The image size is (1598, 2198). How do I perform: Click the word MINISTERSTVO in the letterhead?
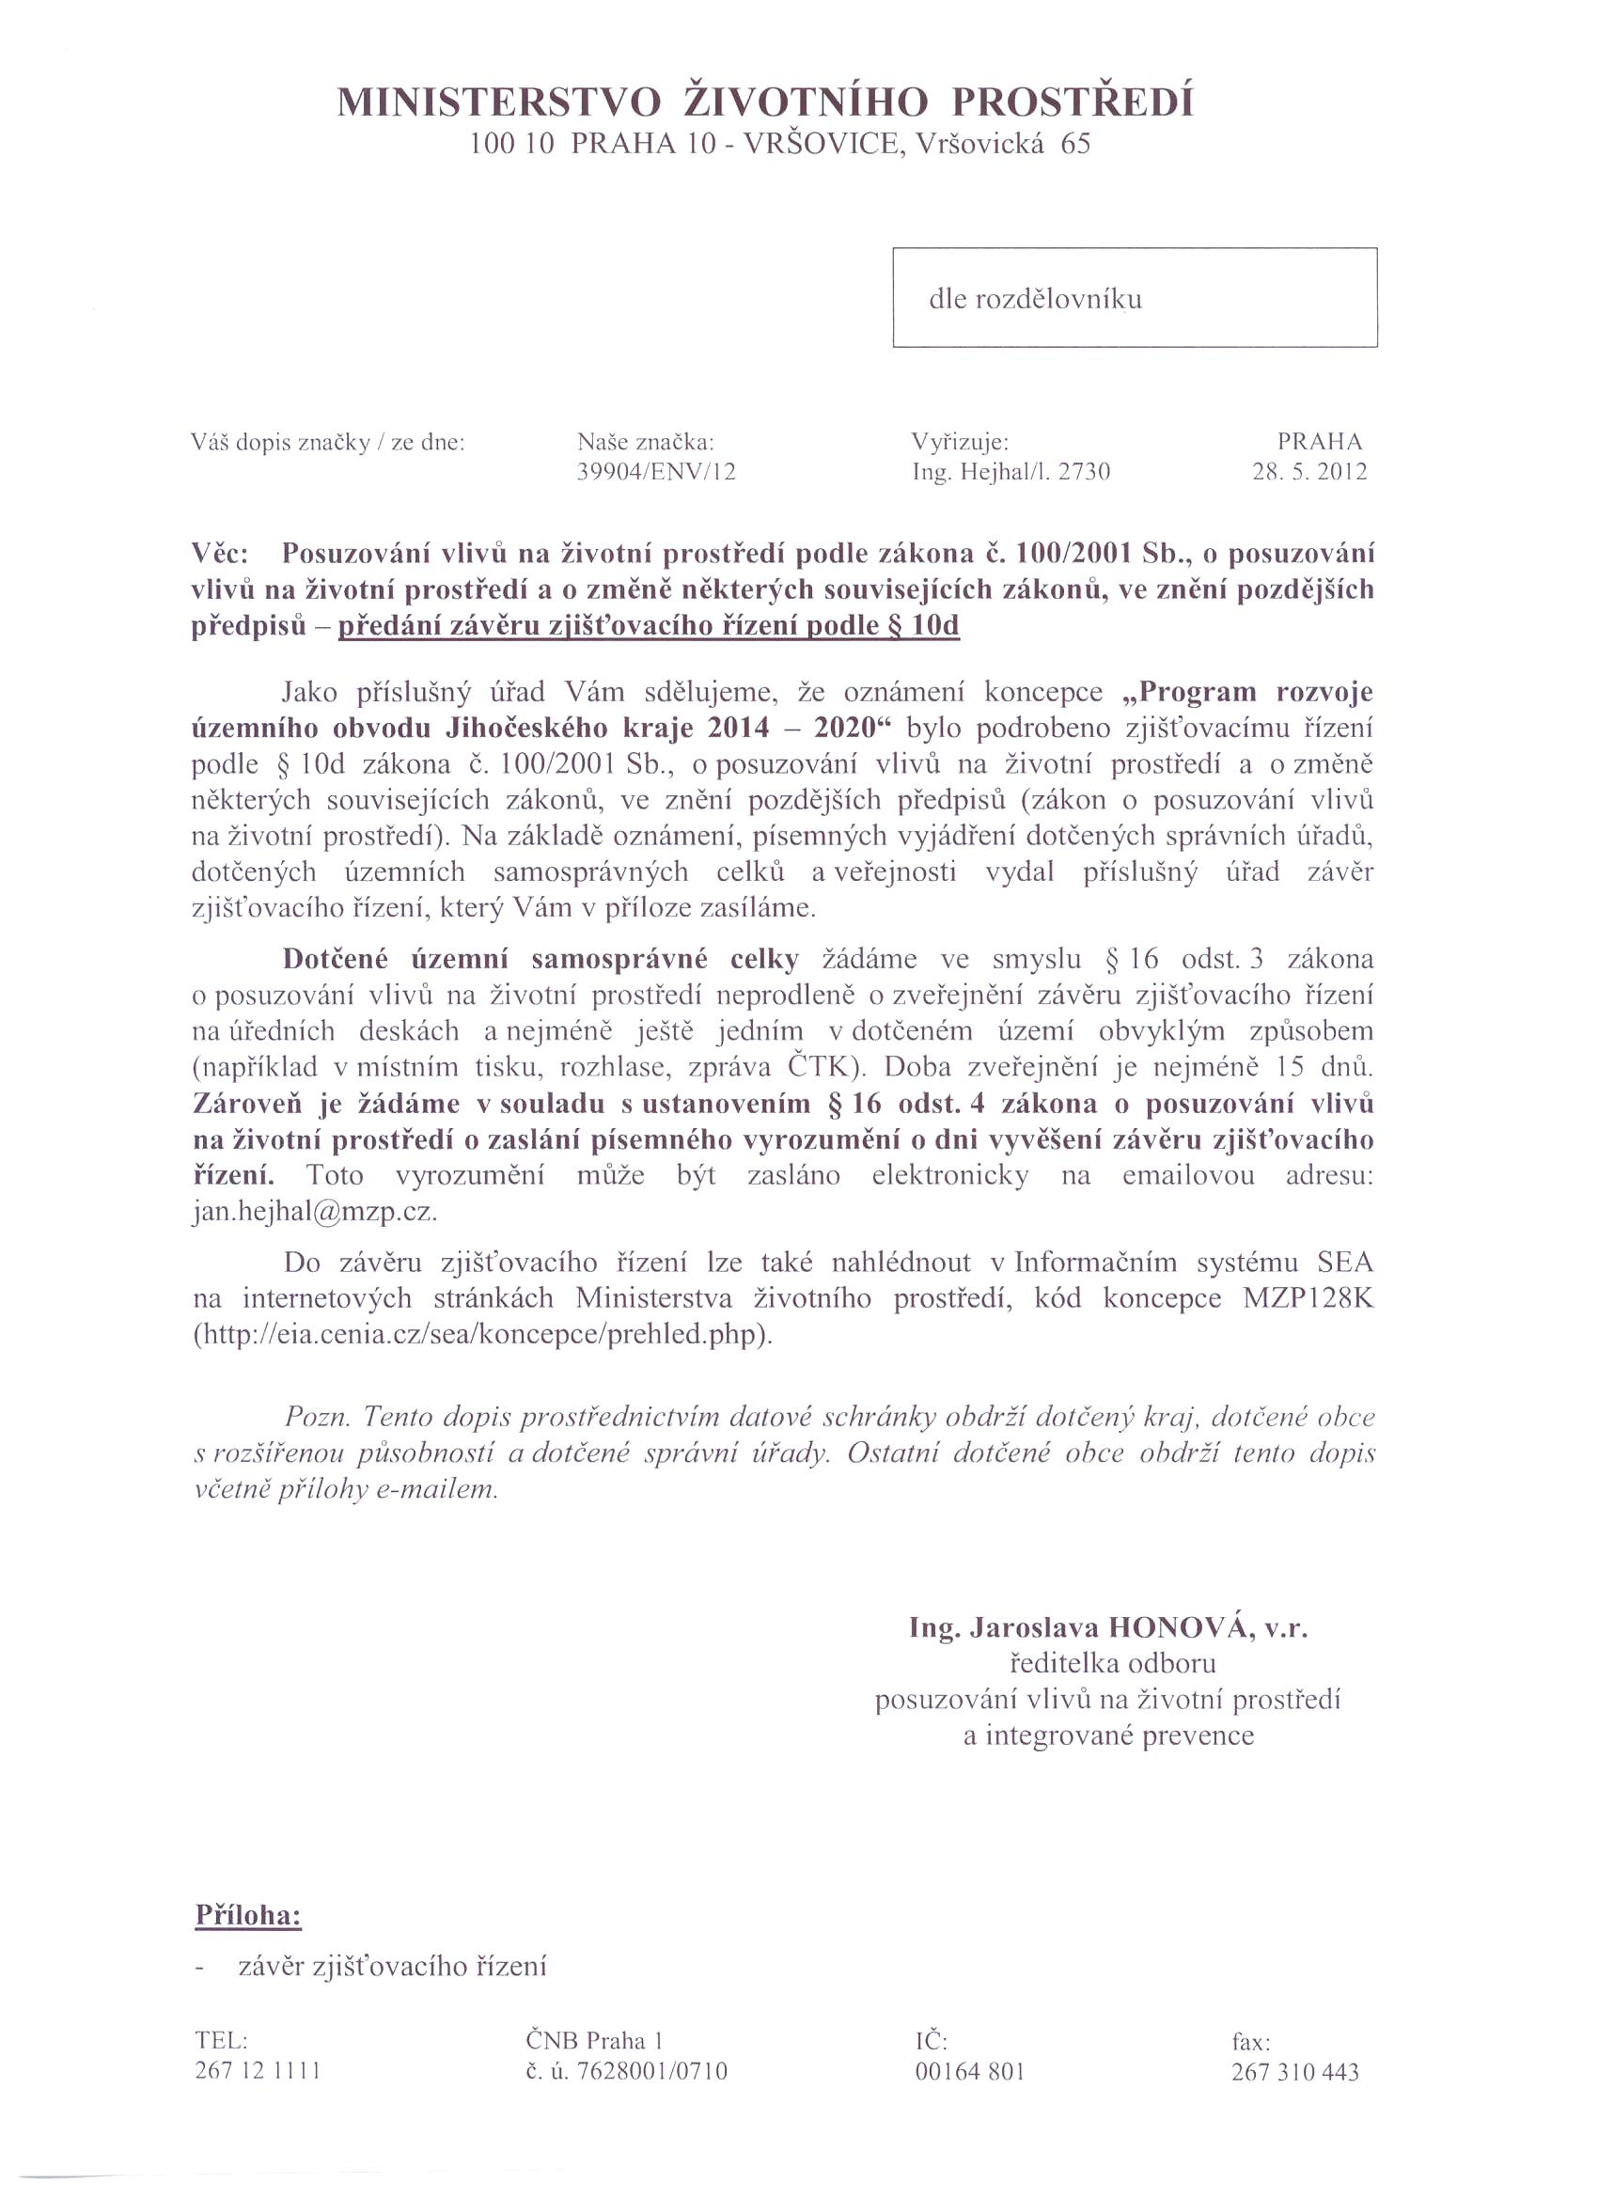(499, 102)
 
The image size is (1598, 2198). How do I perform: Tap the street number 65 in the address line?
(1075, 146)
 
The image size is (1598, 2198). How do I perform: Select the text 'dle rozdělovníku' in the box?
(1035, 300)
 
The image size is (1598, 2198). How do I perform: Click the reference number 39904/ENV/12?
(657, 472)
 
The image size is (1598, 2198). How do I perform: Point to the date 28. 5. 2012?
(1309, 472)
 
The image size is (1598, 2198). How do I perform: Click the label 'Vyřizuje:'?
(961, 443)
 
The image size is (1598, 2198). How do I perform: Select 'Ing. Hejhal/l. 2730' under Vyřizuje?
(1010, 472)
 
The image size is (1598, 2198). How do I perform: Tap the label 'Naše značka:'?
(646, 443)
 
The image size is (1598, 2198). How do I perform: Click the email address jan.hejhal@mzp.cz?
(316, 1213)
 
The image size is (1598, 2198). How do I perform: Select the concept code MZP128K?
(1308, 1298)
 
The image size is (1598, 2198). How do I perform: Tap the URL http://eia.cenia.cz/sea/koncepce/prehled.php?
(482, 1336)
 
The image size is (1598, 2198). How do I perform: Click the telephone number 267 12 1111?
(258, 2072)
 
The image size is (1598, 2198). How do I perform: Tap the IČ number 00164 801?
(970, 2072)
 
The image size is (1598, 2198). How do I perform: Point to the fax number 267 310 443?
(1294, 2072)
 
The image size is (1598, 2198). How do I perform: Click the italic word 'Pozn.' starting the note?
(317, 1418)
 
